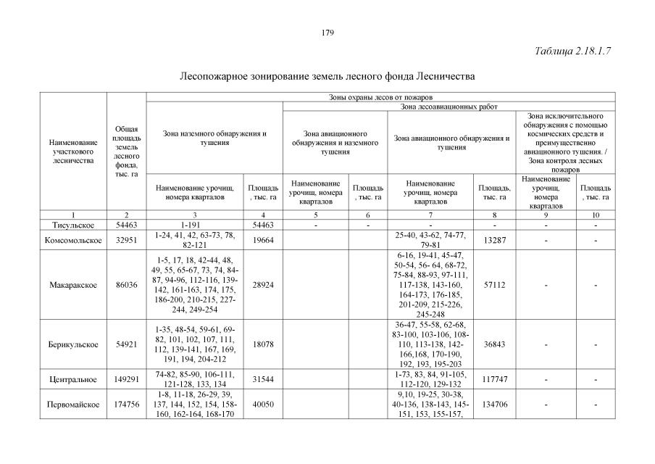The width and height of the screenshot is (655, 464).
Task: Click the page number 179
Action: (x=327, y=33)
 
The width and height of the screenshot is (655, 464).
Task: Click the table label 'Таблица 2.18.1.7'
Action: (x=573, y=51)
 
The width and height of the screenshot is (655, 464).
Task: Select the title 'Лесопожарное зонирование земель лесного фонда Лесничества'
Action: (x=327, y=75)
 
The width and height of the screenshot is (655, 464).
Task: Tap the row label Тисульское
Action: (x=72, y=225)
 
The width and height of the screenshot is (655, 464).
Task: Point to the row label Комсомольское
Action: (x=72, y=240)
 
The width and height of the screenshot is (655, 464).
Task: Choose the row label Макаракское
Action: (x=72, y=285)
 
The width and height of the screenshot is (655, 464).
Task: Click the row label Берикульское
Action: (x=72, y=344)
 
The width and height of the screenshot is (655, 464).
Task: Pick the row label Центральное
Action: (x=72, y=378)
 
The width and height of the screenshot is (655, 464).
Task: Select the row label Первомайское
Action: (x=72, y=404)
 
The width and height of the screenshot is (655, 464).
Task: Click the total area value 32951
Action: (x=126, y=240)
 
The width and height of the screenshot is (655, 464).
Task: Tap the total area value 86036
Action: (x=126, y=285)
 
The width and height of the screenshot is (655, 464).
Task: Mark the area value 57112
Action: (x=494, y=285)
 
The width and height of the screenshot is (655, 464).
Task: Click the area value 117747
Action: (x=494, y=378)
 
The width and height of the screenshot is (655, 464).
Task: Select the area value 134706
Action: (x=494, y=404)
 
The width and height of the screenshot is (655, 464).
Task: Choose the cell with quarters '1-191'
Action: (x=196, y=225)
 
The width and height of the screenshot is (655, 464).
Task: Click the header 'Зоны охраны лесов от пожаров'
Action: (x=380, y=96)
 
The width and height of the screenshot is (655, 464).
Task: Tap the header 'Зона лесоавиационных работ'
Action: (x=449, y=107)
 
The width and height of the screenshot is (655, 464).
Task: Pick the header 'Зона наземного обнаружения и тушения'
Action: (x=214, y=138)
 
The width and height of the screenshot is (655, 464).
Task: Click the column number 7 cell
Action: (x=430, y=215)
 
